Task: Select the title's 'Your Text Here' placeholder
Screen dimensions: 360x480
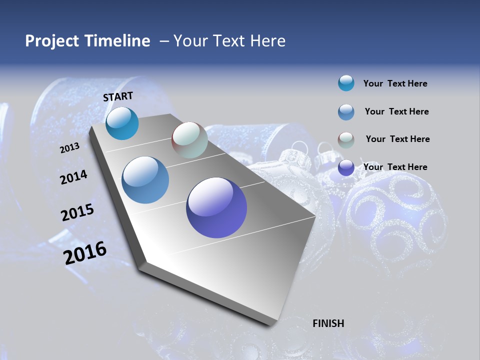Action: coord(229,41)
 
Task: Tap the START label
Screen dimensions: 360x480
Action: coord(118,96)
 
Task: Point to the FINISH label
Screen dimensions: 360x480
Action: coord(328,323)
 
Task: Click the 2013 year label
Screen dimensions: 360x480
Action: coord(69,148)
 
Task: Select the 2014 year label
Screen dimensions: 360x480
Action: coord(73,177)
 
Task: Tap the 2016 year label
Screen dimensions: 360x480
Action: coord(85,253)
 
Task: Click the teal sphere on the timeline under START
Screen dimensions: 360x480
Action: coord(122,123)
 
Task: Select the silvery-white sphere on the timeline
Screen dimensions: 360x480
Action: coord(189,140)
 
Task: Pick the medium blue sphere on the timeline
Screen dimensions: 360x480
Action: coord(145,180)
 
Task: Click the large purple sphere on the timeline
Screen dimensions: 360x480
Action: coord(216,207)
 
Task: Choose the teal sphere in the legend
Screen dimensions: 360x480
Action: coord(346,83)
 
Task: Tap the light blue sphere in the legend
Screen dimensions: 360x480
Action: coord(346,112)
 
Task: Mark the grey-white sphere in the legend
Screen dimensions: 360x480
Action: coord(346,140)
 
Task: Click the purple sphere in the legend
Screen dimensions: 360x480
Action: coord(346,168)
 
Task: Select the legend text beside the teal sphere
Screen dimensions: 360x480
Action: coord(395,84)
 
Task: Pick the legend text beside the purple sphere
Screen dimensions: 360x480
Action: coord(395,167)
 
